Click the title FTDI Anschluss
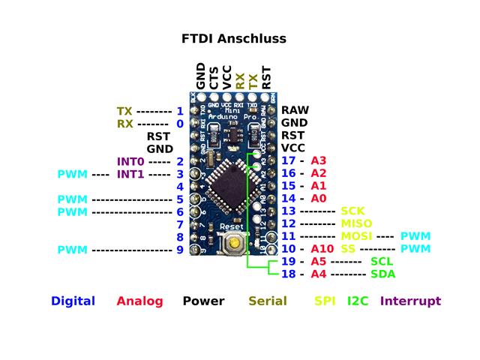point(234,38)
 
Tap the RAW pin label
point(295,110)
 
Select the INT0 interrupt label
point(130,161)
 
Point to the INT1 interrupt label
point(130,174)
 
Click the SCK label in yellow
point(352,211)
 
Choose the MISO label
point(356,223)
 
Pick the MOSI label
point(356,236)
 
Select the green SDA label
point(382,274)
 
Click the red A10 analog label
point(322,248)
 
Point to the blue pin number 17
point(288,160)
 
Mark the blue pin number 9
point(180,249)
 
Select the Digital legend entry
point(73,301)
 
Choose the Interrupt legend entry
point(410,301)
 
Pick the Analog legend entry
point(139,301)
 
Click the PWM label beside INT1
point(72,174)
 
